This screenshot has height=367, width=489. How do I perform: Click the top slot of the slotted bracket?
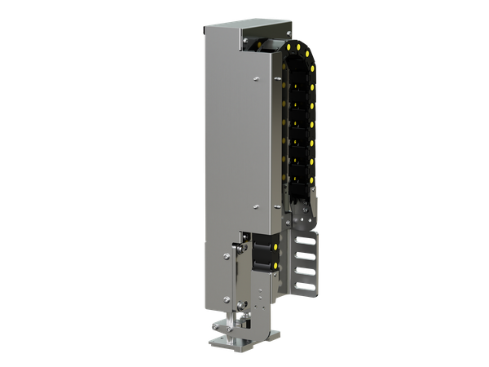(x=306, y=241)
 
